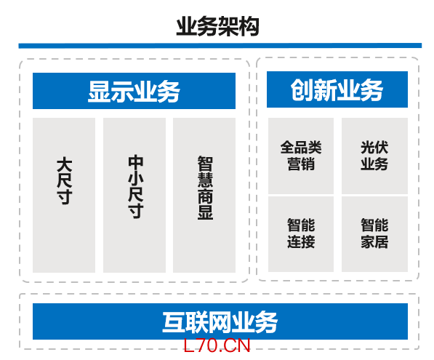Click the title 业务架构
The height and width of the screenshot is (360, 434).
217,27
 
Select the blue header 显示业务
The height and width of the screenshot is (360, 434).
134,91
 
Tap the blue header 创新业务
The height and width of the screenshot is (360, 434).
337,89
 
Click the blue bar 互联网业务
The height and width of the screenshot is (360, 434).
220,321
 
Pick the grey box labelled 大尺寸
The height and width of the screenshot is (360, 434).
64,195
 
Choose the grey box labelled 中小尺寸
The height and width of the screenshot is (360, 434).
134,195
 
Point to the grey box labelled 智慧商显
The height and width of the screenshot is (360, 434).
204,195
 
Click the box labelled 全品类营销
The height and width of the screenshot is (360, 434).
301,156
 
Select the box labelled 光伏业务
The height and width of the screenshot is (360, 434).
374,156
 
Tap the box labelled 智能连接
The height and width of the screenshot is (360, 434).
301,234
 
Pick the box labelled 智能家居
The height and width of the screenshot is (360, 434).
374,234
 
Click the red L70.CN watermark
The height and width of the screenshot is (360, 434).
217,345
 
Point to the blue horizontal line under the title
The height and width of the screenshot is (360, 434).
220,46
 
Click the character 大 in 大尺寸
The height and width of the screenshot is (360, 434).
64,165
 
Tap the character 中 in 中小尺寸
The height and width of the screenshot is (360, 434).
136,163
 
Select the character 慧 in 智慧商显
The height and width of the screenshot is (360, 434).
206,180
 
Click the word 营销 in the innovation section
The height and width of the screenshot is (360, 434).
301,164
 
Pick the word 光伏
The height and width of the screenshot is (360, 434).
374,148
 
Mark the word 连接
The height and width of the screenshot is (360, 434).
301,241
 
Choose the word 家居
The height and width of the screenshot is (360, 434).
374,241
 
